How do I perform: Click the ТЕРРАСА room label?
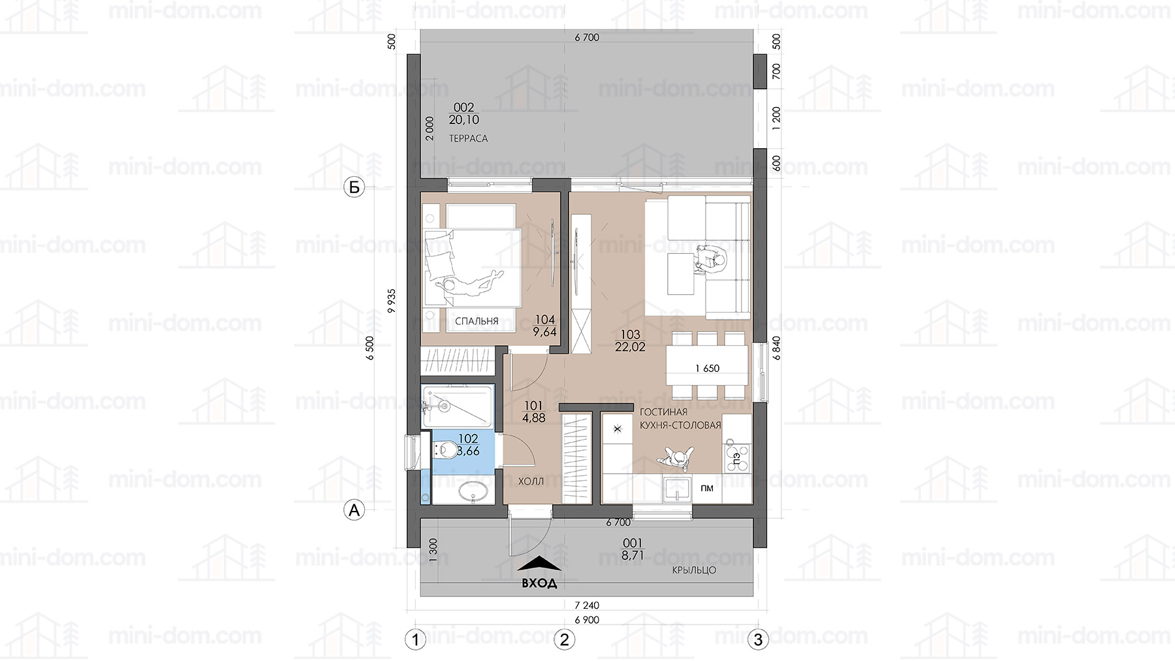click(468, 138)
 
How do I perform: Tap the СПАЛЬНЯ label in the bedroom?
click(477, 321)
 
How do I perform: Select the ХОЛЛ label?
click(531, 482)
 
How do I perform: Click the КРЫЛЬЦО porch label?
click(694, 570)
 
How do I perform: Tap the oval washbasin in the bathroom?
click(474, 491)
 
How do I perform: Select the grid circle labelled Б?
click(354, 188)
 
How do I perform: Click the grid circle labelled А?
click(354, 510)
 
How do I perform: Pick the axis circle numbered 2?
click(565, 639)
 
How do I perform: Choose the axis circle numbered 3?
click(758, 639)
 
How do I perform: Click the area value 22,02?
click(630, 347)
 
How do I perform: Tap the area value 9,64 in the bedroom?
click(544, 332)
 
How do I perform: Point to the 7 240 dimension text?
click(587, 606)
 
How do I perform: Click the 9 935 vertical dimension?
click(392, 301)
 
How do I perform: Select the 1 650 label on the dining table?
click(707, 369)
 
